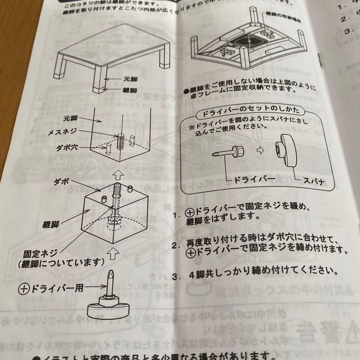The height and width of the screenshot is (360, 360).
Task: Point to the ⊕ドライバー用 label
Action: pos(52,287)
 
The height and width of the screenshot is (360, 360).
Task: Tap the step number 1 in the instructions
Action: pos(176,215)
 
